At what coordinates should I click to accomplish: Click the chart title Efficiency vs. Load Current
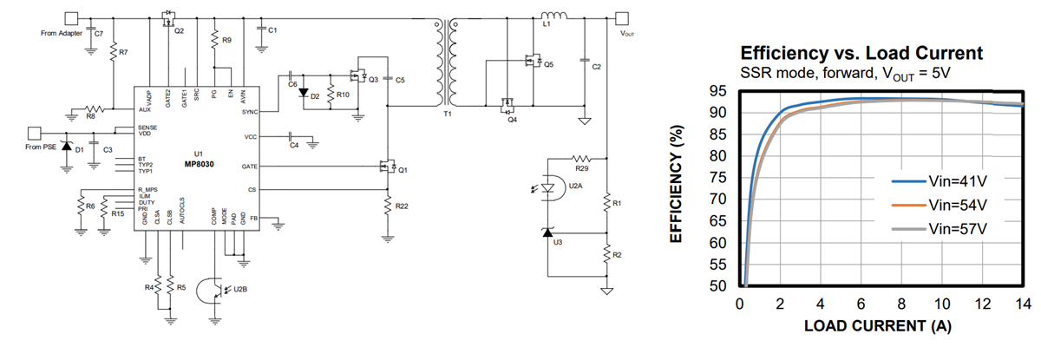click(x=861, y=53)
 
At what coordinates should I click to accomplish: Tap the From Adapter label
click(x=61, y=33)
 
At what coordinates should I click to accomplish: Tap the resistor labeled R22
click(x=388, y=206)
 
